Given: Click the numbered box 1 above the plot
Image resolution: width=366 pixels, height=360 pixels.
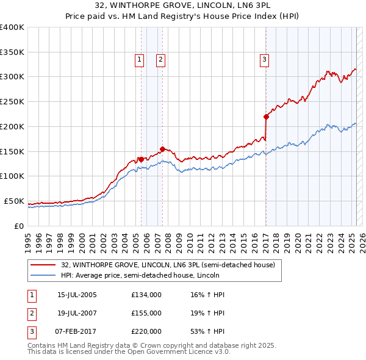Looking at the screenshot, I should tap(140, 59).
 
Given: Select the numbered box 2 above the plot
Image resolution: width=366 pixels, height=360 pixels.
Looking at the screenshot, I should tap(160, 59).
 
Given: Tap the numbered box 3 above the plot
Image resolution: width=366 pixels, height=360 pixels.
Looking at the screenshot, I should tap(264, 59).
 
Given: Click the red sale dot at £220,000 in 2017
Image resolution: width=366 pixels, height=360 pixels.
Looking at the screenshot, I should tap(266, 117).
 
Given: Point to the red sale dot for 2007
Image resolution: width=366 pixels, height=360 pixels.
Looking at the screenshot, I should tap(162, 148).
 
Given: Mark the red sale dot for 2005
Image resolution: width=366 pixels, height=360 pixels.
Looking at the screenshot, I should tap(141, 159).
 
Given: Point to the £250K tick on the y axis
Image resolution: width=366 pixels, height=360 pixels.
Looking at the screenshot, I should tap(12, 102).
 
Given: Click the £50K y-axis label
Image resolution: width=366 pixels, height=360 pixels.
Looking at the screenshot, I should tap(14, 201).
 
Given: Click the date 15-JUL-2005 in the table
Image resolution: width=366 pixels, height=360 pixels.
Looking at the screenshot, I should tap(77, 295).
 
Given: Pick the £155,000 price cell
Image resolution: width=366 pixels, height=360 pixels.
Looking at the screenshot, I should tap(146, 313).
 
